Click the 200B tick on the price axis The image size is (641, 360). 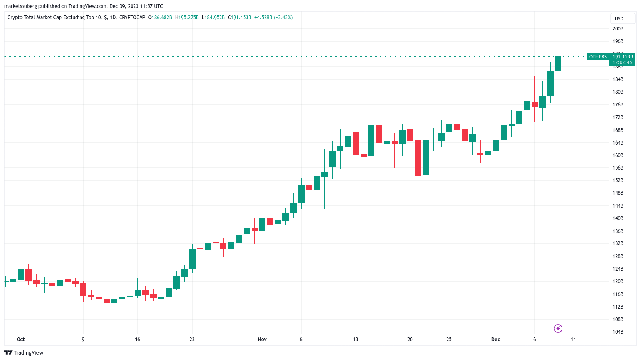(618, 29)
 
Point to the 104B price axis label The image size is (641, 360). (618, 332)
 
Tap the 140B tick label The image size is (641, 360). (618, 218)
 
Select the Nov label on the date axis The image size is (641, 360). (262, 340)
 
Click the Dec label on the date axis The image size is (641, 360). (496, 340)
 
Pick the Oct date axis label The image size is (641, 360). (21, 340)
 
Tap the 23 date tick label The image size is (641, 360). (192, 340)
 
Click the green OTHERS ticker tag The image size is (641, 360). (598, 57)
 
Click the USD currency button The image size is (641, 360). (619, 19)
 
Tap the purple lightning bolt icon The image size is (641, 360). (558, 328)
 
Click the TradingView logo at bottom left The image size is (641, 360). (24, 353)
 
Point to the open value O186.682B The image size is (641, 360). (160, 18)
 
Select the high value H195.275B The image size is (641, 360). (187, 18)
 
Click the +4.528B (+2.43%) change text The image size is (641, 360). (273, 18)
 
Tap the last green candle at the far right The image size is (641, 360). (558, 63)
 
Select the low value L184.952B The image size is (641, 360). (213, 18)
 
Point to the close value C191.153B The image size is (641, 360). (239, 18)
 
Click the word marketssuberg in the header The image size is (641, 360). (20, 6)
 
